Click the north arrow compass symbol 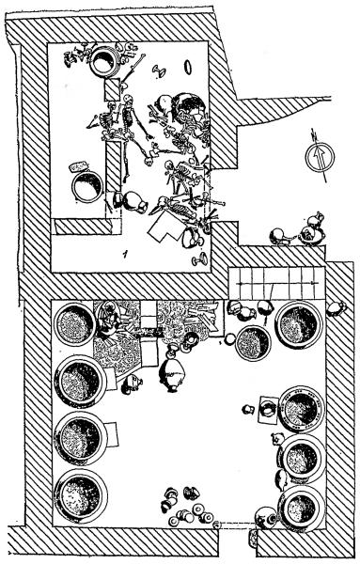click(x=320, y=157)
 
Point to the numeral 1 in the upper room click(x=125, y=255)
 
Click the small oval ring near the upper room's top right click(x=188, y=68)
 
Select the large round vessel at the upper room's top click(x=104, y=62)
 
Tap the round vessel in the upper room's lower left click(x=87, y=187)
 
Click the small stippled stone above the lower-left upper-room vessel click(x=79, y=166)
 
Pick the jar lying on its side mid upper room click(x=134, y=202)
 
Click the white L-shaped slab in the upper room click(x=164, y=227)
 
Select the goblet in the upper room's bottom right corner click(x=199, y=259)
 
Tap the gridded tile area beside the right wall click(x=277, y=283)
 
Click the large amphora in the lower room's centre click(x=172, y=374)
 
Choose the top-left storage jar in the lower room click(x=74, y=324)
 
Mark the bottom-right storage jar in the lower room click(x=302, y=509)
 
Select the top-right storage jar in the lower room click(x=299, y=324)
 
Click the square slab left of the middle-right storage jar click(x=268, y=410)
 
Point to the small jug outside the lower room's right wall click(x=337, y=308)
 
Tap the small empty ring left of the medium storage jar click(x=229, y=338)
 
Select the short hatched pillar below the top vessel click(x=112, y=89)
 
